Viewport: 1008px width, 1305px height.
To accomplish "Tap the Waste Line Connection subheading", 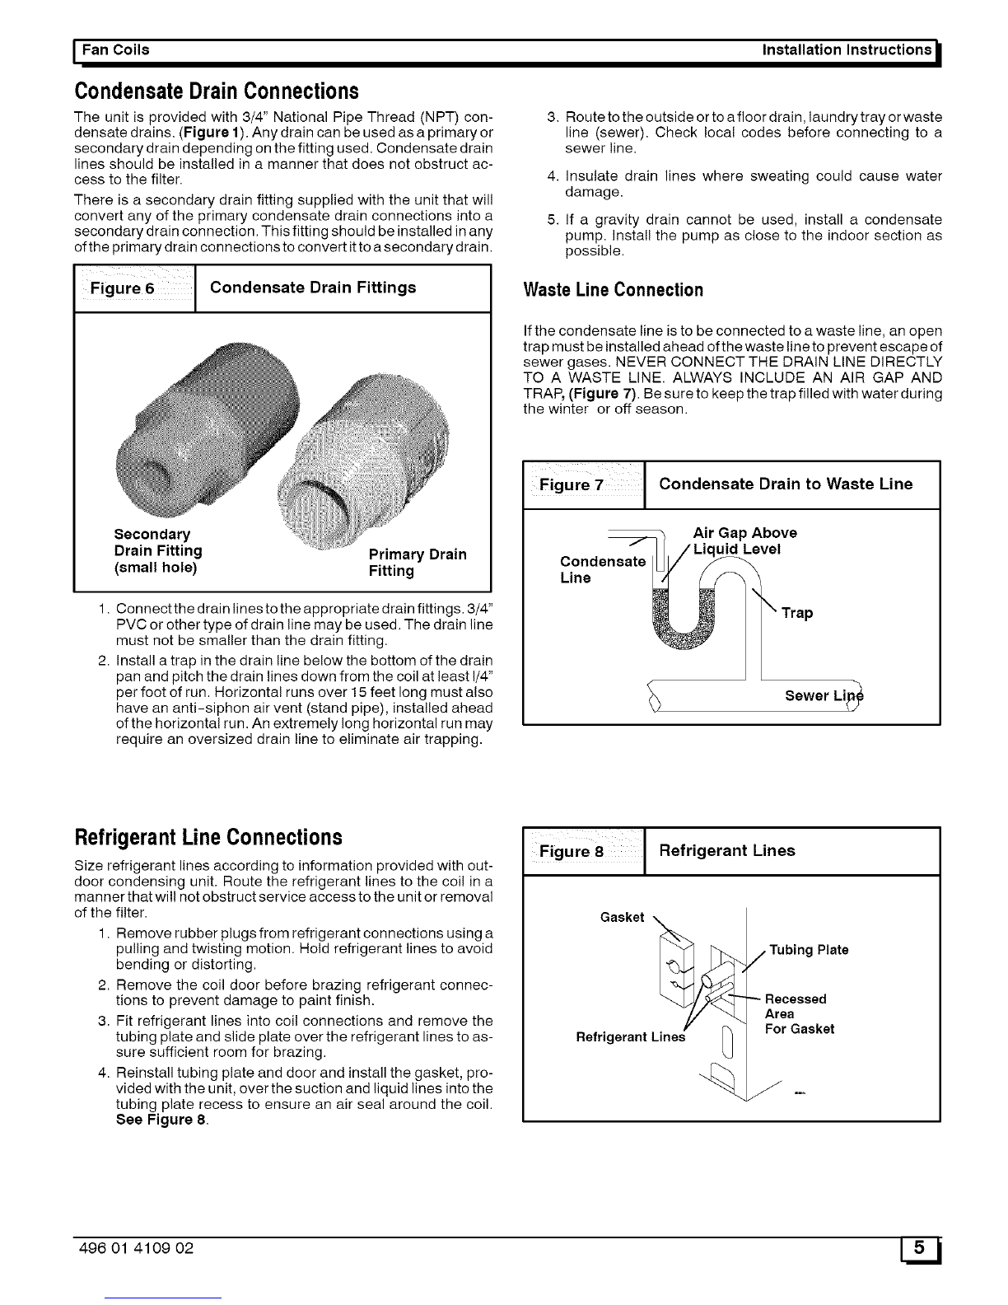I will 614,290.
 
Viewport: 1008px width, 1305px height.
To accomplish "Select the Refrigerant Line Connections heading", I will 208,837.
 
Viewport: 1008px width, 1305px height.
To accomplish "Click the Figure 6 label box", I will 134,288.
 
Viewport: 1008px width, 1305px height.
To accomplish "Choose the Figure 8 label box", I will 583,851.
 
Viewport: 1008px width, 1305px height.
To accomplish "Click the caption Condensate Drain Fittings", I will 313,288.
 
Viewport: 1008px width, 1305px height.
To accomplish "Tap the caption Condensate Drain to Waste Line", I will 786,484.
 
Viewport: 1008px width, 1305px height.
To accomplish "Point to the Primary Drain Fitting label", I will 417,562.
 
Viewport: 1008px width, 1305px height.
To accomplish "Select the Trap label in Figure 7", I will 797,613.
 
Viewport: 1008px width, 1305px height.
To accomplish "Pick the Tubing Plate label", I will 809,950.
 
